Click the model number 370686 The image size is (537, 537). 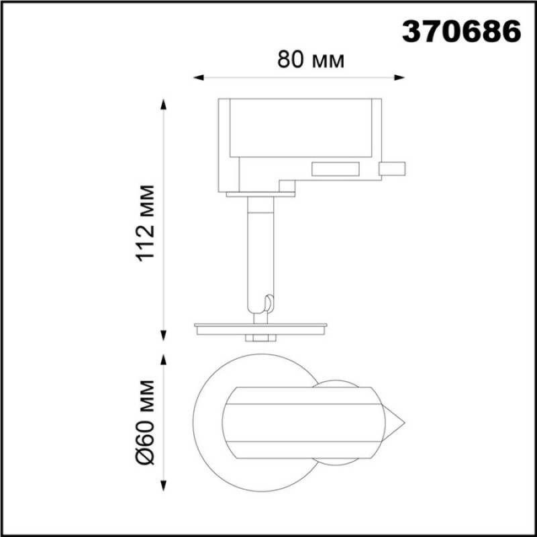[461, 31]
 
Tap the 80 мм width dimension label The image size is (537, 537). [311, 60]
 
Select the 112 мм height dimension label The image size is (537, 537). [146, 224]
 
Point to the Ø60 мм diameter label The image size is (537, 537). [146, 422]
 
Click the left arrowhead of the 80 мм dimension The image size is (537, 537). [198, 78]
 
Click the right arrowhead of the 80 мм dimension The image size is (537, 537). [399, 78]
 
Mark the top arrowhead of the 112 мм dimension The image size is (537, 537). [164, 104]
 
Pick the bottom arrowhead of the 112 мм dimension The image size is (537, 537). [164, 336]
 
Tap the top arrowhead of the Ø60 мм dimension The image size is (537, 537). [164, 360]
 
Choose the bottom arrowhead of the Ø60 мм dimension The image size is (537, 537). [164, 486]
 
